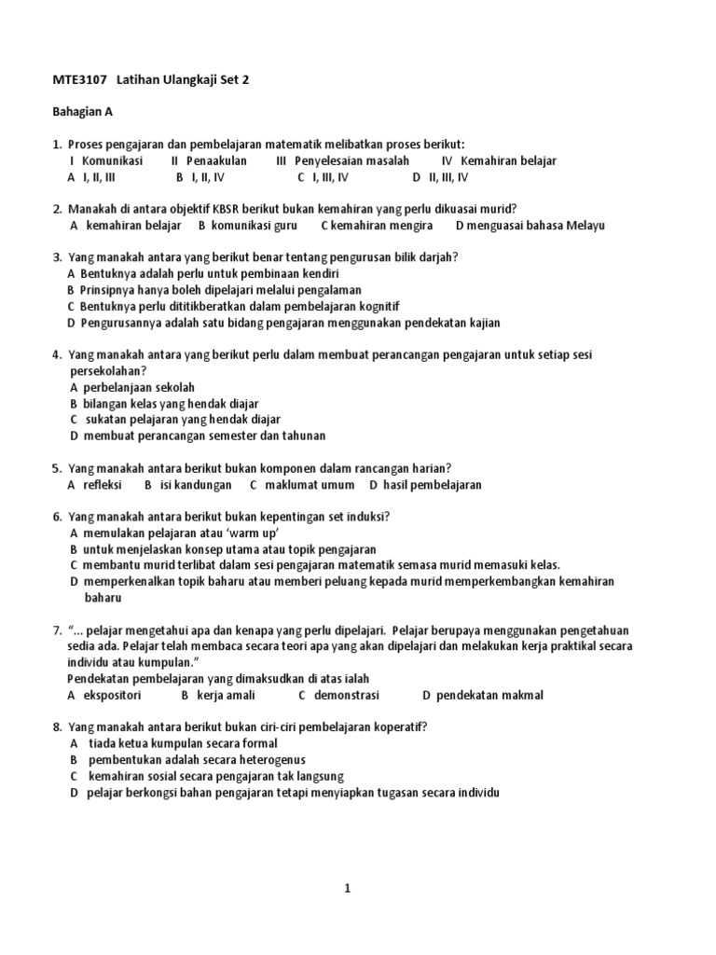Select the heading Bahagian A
point(82,112)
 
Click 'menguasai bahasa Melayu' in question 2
point(538,225)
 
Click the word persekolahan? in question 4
point(108,370)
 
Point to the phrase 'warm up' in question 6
point(254,533)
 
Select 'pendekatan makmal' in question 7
point(489,695)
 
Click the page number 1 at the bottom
point(348,889)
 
